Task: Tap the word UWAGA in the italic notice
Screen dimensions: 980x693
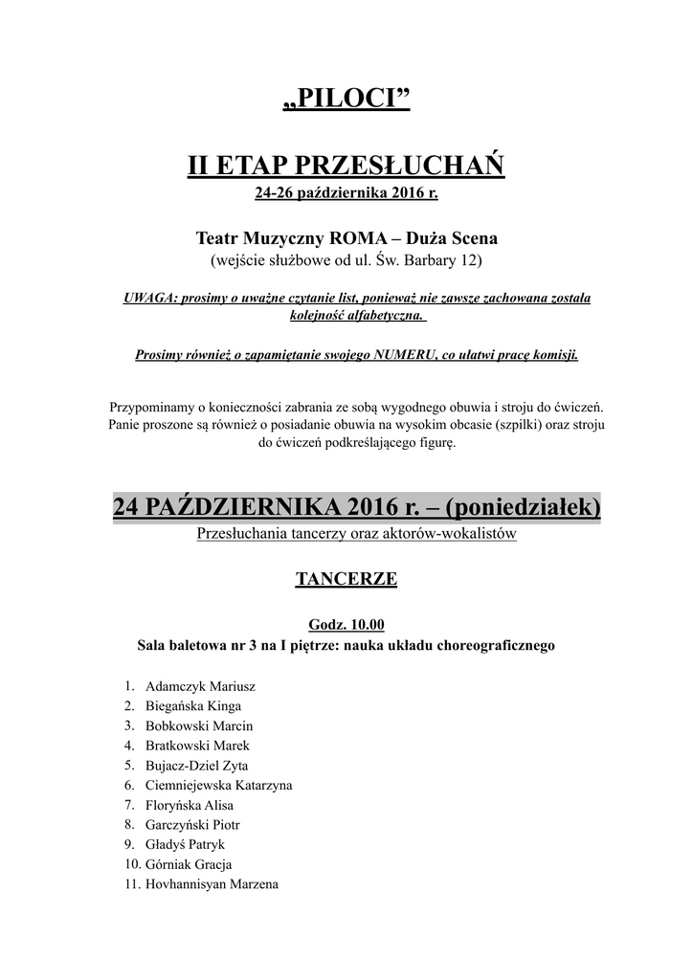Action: [146, 299]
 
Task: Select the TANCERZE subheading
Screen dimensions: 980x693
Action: [346, 579]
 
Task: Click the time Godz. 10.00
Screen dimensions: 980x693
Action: [346, 626]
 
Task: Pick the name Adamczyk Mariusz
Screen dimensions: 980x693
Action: [200, 686]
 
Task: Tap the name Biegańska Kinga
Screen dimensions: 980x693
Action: [193, 706]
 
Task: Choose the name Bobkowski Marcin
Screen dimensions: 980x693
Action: [199, 726]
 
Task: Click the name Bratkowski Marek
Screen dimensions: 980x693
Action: [197, 746]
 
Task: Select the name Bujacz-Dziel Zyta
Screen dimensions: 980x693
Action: [196, 766]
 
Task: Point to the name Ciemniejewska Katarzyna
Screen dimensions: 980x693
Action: [218, 786]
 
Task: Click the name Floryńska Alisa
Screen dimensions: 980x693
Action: [190, 806]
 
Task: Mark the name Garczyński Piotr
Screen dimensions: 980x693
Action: [192, 825]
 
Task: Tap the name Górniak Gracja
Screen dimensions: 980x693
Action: [189, 865]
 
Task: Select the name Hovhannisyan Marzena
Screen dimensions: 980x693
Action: [212, 885]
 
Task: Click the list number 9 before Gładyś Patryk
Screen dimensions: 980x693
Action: [129, 845]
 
